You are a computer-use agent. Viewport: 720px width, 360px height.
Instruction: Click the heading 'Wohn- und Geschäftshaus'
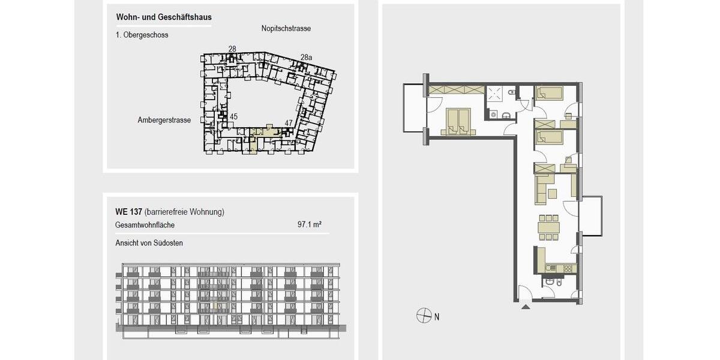coord(163,17)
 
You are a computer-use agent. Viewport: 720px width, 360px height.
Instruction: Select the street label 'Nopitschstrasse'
coord(286,29)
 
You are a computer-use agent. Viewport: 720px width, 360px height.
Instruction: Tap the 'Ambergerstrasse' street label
coord(164,120)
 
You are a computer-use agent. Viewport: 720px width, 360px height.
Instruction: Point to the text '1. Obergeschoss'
coord(142,35)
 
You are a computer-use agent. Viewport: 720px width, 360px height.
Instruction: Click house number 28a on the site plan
coord(306,57)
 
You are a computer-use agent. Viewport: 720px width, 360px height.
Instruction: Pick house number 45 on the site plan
coord(233,117)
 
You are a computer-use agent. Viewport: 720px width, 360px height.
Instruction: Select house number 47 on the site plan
coord(289,123)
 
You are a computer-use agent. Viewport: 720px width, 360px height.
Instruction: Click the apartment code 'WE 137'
coord(128,212)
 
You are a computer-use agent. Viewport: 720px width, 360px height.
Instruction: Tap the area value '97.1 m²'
coord(310,225)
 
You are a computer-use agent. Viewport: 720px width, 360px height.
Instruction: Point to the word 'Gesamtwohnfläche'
coord(145,225)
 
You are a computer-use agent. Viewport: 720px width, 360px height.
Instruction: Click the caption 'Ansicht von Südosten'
coord(149,243)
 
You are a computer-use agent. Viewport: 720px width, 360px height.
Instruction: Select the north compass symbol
coord(424,316)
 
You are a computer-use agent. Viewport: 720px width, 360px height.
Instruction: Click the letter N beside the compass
coord(437,316)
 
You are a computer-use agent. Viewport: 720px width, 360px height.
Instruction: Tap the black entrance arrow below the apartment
coord(526,307)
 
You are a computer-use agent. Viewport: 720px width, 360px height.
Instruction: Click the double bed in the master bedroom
coord(459,121)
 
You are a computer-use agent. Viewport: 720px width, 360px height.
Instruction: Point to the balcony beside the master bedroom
coord(413,108)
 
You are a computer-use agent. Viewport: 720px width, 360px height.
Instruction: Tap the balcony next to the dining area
coord(590,215)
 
